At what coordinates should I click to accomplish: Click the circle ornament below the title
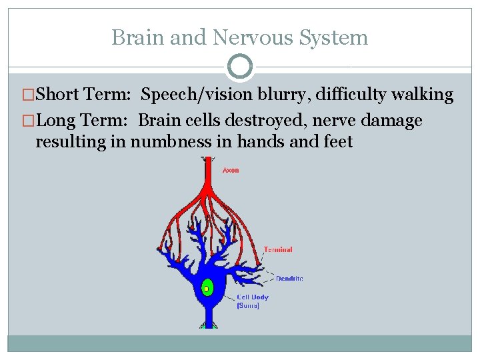pyautogui.click(x=240, y=67)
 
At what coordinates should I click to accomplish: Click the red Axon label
pyautogui.click(x=230, y=171)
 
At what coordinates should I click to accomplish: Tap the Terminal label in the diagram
pyautogui.click(x=277, y=250)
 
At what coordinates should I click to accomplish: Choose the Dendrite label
pyautogui.click(x=289, y=278)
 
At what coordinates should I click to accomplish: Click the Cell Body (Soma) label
pyautogui.click(x=251, y=301)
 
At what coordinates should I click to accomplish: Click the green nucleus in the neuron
pyautogui.click(x=207, y=288)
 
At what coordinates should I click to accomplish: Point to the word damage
pyautogui.click(x=389, y=121)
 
